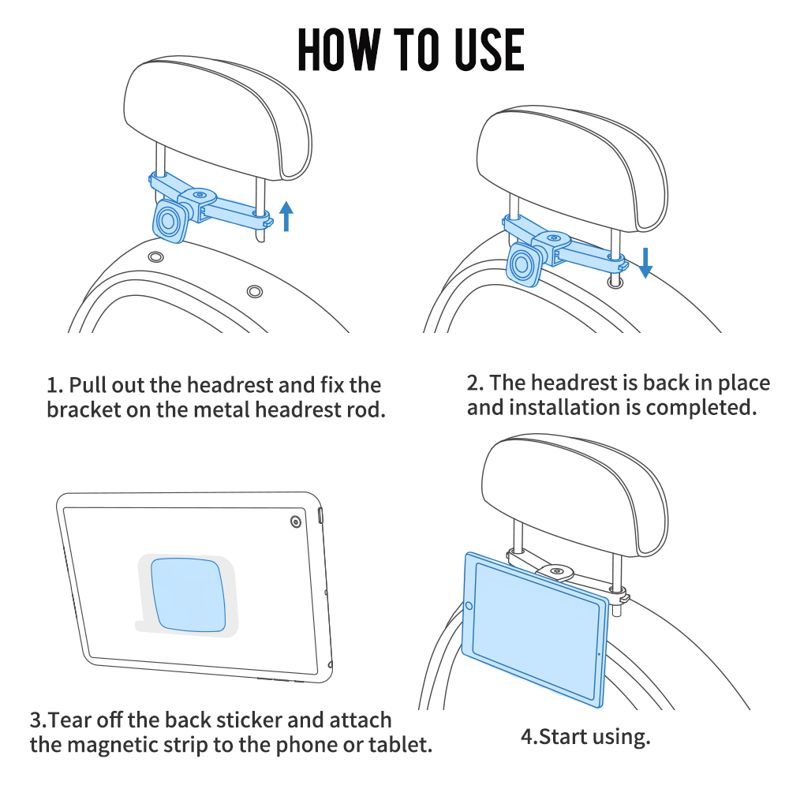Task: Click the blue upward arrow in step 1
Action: (x=286, y=216)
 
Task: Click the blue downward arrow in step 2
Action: (x=645, y=263)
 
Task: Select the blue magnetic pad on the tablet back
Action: (x=189, y=594)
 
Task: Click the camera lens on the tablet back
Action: (x=296, y=522)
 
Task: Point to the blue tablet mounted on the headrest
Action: (x=536, y=629)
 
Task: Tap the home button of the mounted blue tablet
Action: (x=469, y=605)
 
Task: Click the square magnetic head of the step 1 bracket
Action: (x=170, y=221)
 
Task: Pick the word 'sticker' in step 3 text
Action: (x=245, y=720)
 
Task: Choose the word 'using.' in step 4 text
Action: (x=621, y=737)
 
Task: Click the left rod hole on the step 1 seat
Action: (x=156, y=257)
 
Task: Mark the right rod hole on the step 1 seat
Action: (x=255, y=292)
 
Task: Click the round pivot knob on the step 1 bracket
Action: (x=200, y=195)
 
